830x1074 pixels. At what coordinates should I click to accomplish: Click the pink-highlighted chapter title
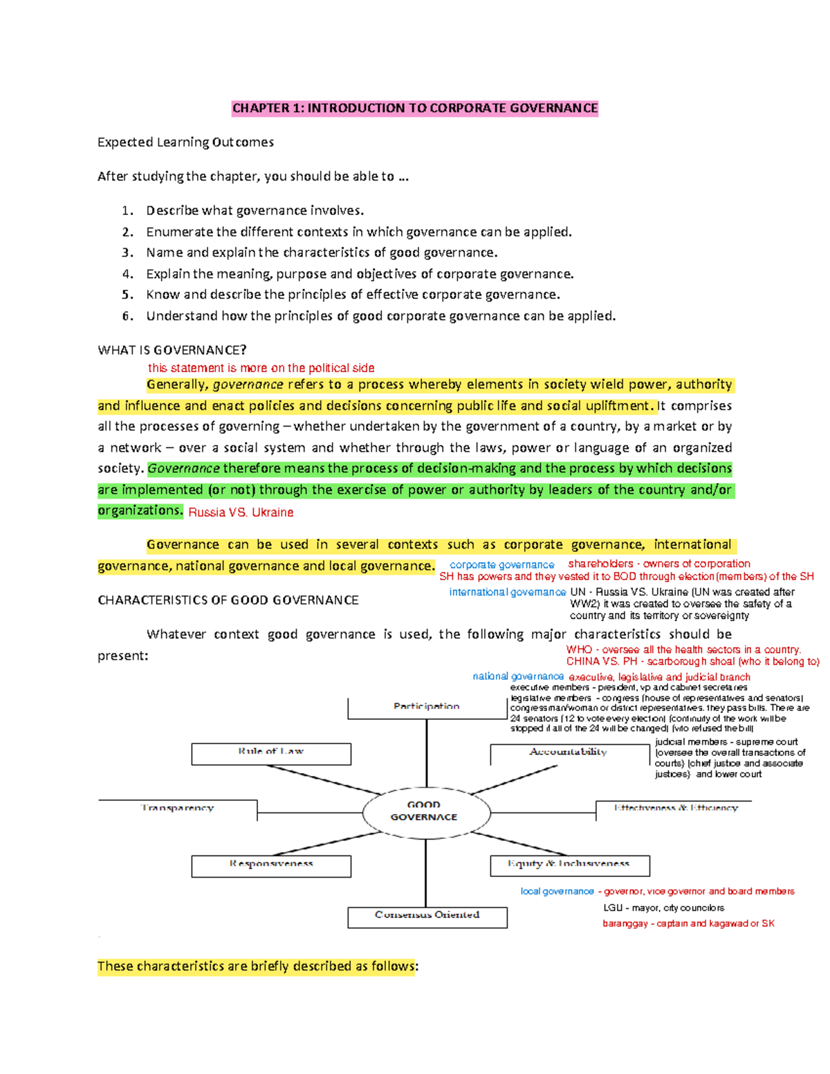coord(415,108)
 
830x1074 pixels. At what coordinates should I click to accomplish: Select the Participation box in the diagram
coord(427,707)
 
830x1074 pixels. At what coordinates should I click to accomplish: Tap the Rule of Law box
coord(271,752)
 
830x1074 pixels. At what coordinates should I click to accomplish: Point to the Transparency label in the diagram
coord(178,808)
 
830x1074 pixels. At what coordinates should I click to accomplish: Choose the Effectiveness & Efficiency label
coord(676,808)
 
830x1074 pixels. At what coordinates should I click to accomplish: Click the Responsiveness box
coord(271,864)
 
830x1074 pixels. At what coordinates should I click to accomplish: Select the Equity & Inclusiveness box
coord(569,864)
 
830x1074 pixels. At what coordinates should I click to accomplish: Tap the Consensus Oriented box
coord(427,916)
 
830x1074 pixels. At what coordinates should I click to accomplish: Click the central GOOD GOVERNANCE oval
coord(424,811)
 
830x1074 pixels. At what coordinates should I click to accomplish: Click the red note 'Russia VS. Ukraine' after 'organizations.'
coord(241,512)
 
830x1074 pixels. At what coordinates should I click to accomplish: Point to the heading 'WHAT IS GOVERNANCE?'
coord(172,350)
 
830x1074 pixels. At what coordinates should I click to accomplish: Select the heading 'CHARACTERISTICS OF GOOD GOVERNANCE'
coord(228,600)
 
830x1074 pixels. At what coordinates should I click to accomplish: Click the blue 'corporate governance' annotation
coord(501,565)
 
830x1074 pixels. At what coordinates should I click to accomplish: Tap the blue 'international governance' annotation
coord(507,592)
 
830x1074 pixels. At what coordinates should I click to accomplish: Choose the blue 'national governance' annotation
coord(518,676)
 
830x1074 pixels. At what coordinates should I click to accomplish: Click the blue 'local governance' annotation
coord(557,891)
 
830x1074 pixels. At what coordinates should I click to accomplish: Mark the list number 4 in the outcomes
coord(127,274)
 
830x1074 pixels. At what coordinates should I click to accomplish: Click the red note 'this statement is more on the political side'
coord(261,368)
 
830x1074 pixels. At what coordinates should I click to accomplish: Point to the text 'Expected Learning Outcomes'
coord(185,142)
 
